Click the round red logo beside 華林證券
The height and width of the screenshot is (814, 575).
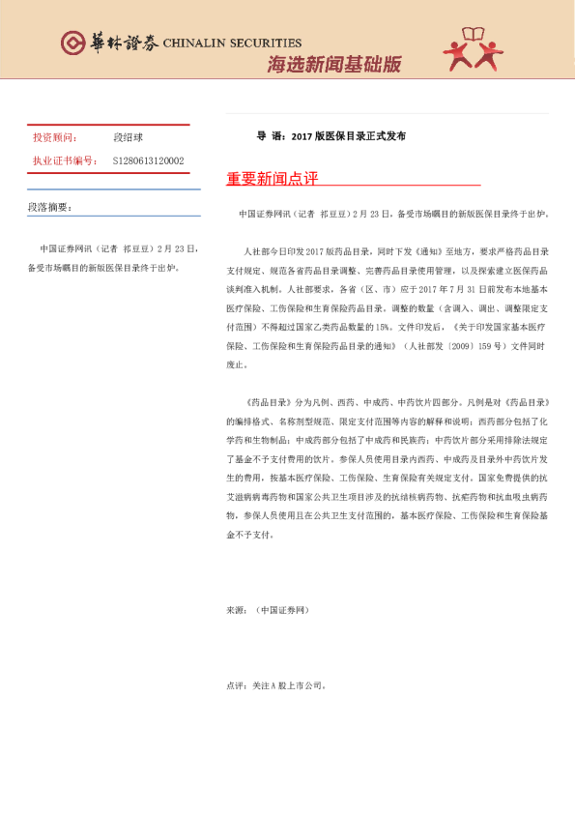click(x=72, y=43)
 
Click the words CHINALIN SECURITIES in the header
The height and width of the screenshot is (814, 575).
click(x=232, y=44)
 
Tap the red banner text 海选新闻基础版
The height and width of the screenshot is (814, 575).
click(x=333, y=65)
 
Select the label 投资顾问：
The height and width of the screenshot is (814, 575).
click(x=56, y=137)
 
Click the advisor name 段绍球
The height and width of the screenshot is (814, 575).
click(x=129, y=137)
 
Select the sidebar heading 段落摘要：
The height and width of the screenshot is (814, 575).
click(x=49, y=207)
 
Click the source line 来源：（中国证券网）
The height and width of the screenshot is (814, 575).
click(x=268, y=611)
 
